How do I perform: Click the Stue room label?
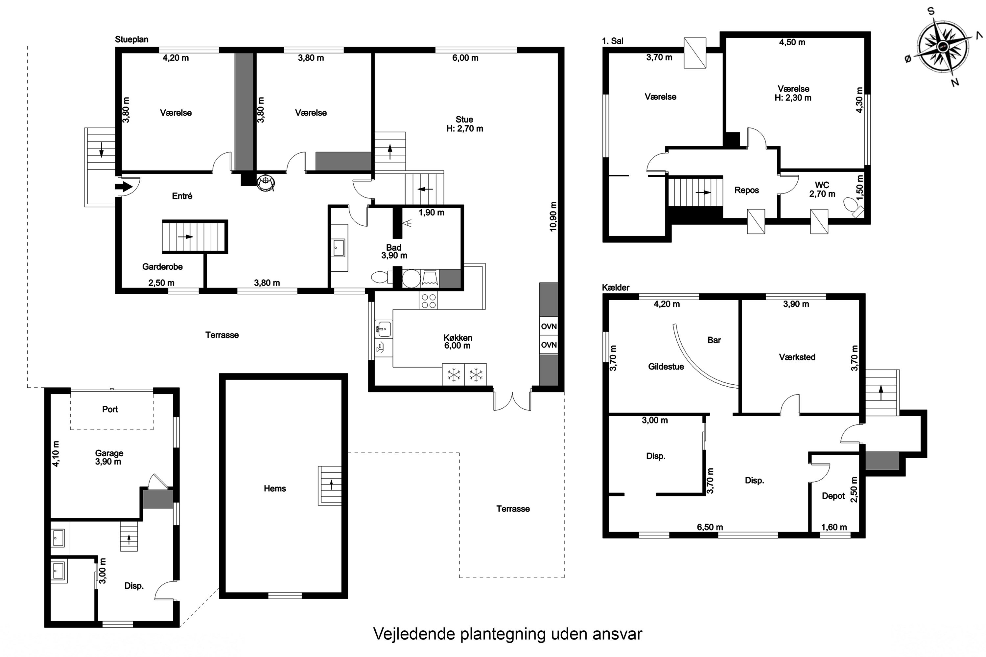(464, 120)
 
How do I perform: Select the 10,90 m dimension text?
(553, 216)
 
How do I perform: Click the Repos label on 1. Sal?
(746, 190)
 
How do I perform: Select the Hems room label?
(274, 488)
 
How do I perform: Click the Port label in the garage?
(110, 409)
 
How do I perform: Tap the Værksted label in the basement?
(797, 357)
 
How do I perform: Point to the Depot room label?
(833, 496)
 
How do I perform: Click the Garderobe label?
(162, 267)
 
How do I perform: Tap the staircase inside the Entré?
(195, 237)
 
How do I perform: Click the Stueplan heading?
(132, 39)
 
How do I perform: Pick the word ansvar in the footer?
(617, 634)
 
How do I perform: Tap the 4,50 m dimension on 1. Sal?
(792, 42)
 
